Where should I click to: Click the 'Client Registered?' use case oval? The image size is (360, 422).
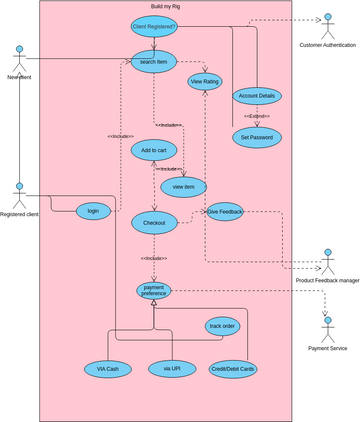[154, 26]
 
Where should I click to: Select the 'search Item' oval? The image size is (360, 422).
[154, 61]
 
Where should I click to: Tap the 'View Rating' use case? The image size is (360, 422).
[205, 80]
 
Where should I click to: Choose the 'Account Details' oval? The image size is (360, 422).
[256, 96]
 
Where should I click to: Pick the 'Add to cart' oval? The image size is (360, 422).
[154, 150]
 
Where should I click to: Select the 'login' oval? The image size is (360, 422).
[93, 210]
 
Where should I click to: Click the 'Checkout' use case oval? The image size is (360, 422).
[154, 222]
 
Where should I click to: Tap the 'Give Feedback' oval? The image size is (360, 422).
[225, 212]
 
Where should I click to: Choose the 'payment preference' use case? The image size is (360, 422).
[154, 290]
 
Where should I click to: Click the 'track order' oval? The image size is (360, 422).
[222, 326]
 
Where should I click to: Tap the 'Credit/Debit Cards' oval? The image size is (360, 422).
[232, 369]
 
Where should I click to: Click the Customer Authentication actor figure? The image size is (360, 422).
[327, 22]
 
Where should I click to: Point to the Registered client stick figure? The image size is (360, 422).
[18, 191]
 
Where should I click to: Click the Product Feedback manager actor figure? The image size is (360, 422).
[327, 259]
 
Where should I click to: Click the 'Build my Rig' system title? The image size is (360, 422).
[165, 6]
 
